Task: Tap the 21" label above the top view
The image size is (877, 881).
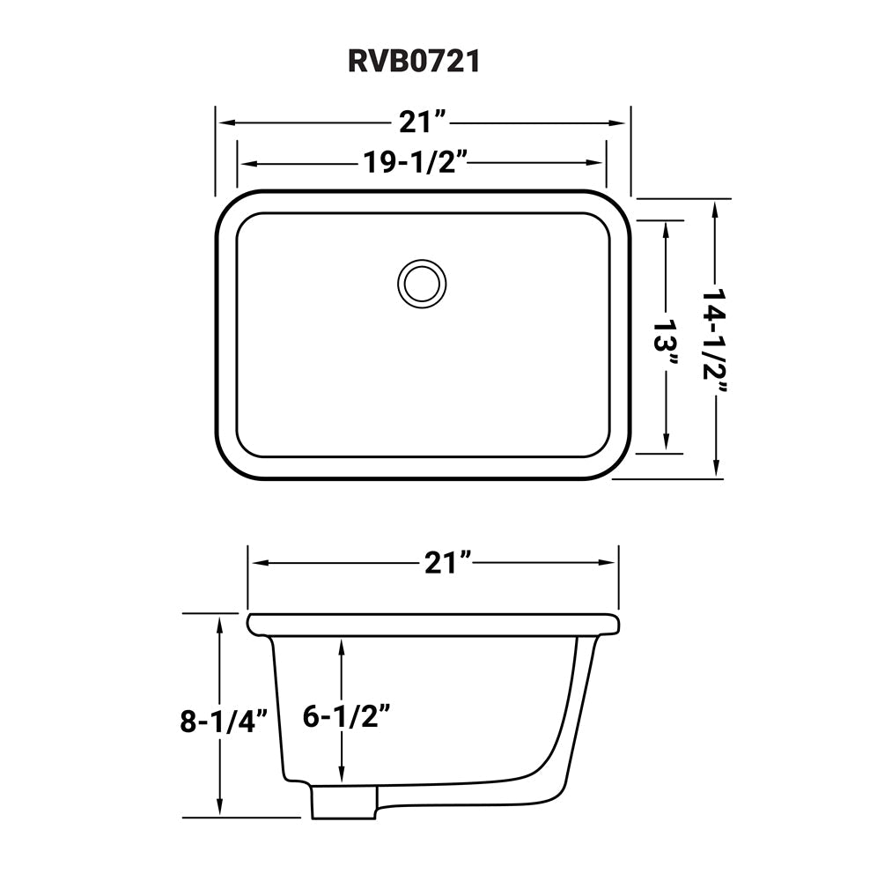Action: point(424,122)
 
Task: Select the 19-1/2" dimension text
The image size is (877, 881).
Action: point(414,163)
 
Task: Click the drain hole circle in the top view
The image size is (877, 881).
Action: point(422,283)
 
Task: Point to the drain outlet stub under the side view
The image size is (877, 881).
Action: point(344,801)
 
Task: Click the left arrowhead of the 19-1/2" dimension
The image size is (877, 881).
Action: point(247,163)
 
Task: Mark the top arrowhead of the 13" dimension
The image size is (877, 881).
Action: point(667,226)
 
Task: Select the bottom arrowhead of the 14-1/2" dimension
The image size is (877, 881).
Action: point(719,471)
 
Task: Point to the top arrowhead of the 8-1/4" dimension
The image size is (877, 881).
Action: point(219,622)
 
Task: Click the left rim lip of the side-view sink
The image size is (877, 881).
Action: point(257,625)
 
